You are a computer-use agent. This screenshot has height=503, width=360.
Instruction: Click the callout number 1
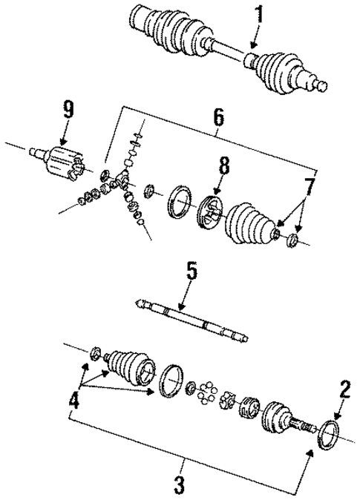(x=260, y=15)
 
